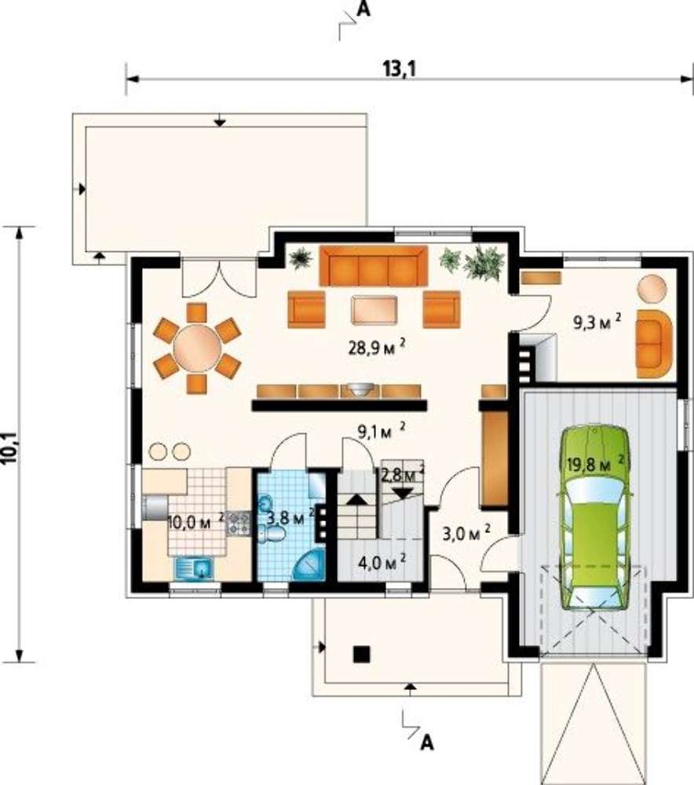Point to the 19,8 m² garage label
click(x=595, y=464)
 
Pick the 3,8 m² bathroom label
click(x=289, y=517)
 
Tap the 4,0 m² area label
click(x=382, y=562)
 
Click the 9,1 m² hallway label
click(x=381, y=431)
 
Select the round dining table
click(x=198, y=348)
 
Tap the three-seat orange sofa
click(x=374, y=266)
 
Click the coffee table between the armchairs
click(x=374, y=310)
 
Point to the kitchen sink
click(x=195, y=568)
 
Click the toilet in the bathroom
click(x=272, y=535)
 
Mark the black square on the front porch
click(x=361, y=654)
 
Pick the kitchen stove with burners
click(x=239, y=523)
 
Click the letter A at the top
click(x=364, y=10)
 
